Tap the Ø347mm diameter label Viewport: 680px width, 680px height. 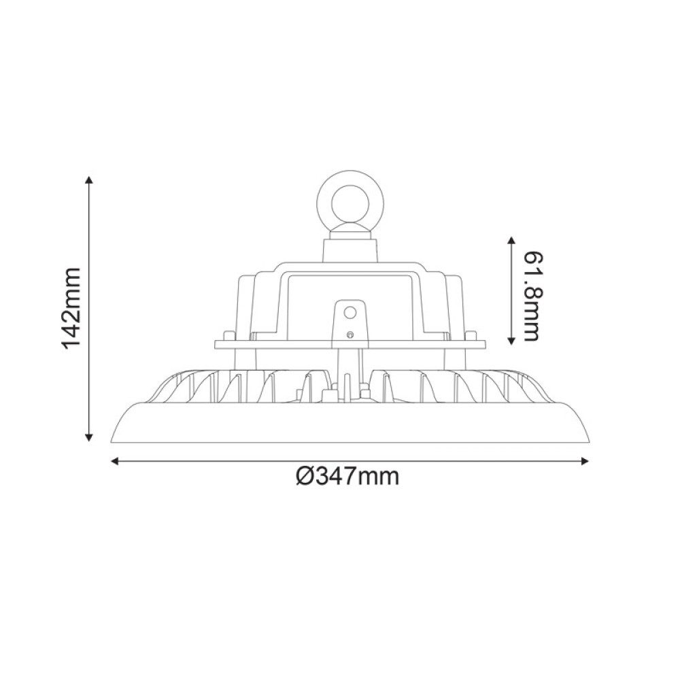click(348, 477)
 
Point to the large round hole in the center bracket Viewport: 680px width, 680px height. click(350, 312)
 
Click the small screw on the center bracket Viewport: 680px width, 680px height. click(350, 334)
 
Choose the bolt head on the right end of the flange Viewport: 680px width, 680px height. click(471, 335)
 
